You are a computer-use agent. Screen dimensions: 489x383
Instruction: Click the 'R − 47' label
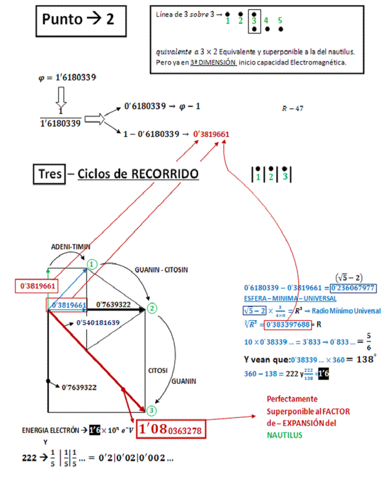tap(292, 109)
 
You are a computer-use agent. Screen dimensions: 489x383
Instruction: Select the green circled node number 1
tap(92, 264)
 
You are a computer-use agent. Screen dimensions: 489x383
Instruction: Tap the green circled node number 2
tap(152, 309)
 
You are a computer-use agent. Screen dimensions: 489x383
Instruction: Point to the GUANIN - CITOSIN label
tap(161, 270)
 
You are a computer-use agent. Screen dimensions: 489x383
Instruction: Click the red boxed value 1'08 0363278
tap(171, 429)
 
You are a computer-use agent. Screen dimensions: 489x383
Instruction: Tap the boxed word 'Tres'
tap(50, 173)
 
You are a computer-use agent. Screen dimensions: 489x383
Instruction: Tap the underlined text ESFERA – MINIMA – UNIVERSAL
tap(290, 299)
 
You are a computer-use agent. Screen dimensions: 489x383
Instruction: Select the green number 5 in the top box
tap(280, 20)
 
